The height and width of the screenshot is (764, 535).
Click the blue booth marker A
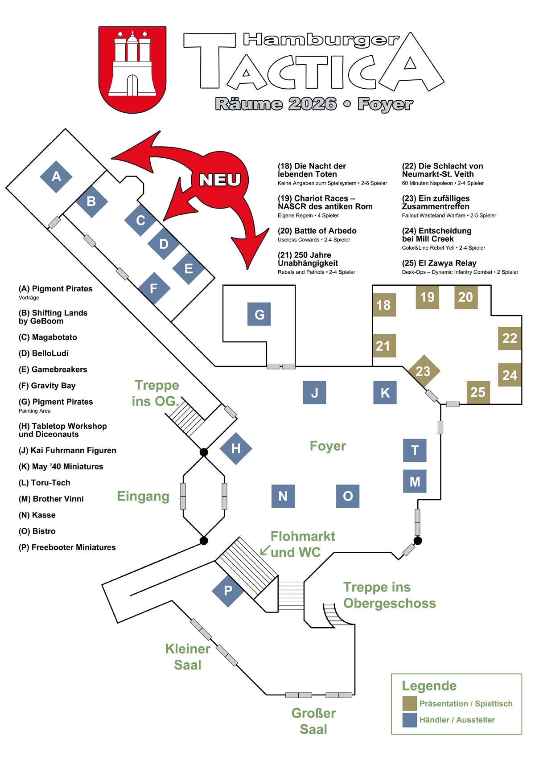(56, 177)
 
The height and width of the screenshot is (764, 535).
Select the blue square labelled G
(259, 314)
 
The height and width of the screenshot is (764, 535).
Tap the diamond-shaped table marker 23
(424, 371)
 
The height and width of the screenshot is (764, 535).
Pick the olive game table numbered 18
(384, 305)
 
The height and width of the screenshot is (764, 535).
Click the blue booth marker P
(228, 591)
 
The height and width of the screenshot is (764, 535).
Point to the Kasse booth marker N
(283, 496)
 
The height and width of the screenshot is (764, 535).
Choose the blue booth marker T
(415, 450)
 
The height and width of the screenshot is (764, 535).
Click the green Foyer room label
(328, 446)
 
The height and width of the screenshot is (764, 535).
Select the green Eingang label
(143, 496)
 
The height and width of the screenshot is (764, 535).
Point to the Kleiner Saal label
(188, 657)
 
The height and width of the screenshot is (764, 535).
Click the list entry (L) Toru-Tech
(45, 483)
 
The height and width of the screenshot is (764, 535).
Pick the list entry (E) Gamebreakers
(53, 370)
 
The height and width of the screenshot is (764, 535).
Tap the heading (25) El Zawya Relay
(439, 263)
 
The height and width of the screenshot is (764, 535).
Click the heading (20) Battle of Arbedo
(317, 231)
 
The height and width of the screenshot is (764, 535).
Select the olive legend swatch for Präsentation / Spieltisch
(409, 703)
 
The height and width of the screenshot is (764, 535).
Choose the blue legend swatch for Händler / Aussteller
(409, 719)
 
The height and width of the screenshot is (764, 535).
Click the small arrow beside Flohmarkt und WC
(265, 550)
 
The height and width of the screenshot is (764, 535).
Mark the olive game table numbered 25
(478, 392)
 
